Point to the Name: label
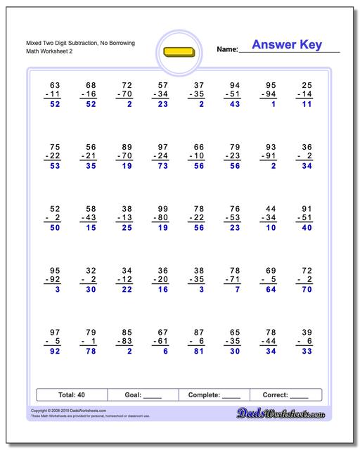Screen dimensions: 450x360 [227, 50]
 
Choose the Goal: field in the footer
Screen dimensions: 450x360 [143, 395]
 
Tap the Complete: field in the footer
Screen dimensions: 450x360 [215, 395]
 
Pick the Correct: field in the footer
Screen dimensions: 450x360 [285, 395]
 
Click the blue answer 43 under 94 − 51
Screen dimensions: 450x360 [234, 104]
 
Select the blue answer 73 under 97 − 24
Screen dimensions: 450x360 [162, 166]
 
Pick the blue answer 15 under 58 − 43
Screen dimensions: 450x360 [90, 228]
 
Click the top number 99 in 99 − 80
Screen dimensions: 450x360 [162, 209]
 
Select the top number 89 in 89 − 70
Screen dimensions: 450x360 [127, 147]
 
